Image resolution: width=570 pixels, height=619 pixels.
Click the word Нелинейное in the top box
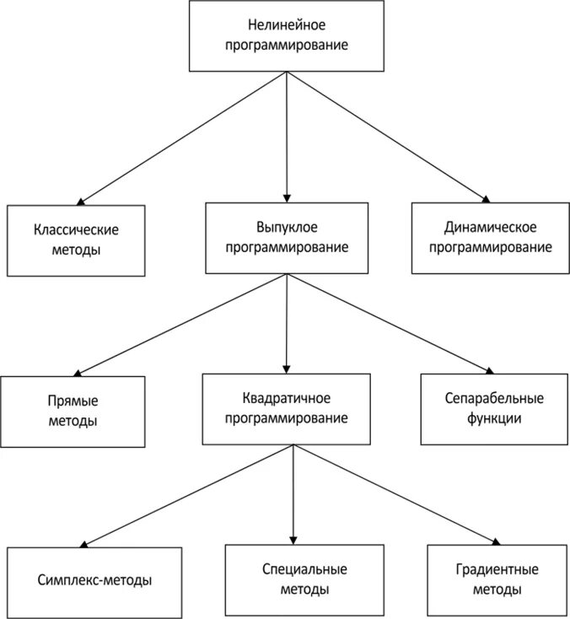pos(288,25)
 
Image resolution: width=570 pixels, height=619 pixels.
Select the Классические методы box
pos(76,240)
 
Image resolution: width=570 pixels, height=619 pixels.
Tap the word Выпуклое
pos(287,228)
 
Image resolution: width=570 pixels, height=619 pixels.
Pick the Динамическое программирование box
pos(490,238)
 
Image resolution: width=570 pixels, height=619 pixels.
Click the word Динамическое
pos(490,228)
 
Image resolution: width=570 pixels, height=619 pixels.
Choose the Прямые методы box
pos(73,411)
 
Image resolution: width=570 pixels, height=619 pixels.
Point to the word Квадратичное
pos(287,398)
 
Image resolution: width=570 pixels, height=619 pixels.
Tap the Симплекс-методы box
pos(94,581)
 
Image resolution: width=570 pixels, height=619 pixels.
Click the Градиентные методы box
pos(495,579)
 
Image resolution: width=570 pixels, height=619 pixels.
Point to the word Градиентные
pos(495,570)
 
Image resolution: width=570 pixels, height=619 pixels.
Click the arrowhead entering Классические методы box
pos(81,202)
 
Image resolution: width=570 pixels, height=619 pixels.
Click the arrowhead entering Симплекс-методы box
pos(84,545)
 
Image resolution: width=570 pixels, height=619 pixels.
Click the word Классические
pos(76,230)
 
